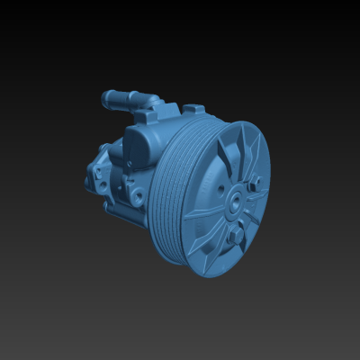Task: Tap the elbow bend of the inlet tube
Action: point(143,102)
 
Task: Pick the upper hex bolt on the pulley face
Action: point(255,183)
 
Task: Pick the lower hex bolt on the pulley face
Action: point(237,236)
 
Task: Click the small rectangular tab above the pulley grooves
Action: point(193,109)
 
